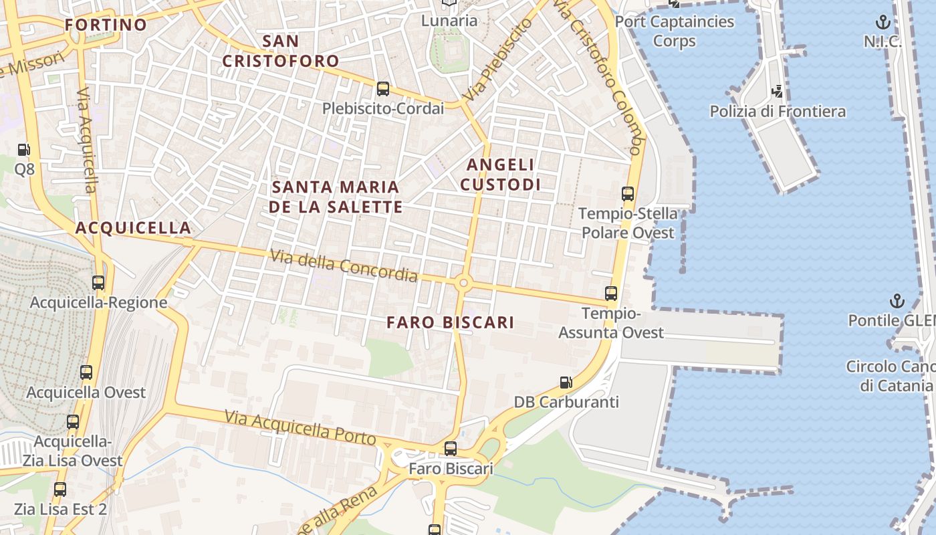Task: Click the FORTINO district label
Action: coord(106,25)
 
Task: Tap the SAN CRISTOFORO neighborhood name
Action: coord(281,51)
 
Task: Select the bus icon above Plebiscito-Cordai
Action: coord(383,88)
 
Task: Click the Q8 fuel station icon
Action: coord(24,150)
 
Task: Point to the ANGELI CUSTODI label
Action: coord(501,174)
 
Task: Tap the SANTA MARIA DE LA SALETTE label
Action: coord(336,197)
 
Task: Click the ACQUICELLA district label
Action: coord(133,228)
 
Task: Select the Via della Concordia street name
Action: coord(344,265)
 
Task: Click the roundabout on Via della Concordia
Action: coord(463,284)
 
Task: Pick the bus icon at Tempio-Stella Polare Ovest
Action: coord(628,194)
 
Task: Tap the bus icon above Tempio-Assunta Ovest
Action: coord(611,293)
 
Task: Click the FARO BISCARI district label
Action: coord(451,322)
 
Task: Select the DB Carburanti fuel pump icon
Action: coord(566,383)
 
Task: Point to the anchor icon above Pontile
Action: coord(897,301)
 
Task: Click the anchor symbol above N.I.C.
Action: coord(883,22)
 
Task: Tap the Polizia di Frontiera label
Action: coord(778,112)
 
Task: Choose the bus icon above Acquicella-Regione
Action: coord(98,283)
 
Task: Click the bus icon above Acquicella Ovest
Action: coord(86,372)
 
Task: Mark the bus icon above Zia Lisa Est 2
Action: coord(60,490)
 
